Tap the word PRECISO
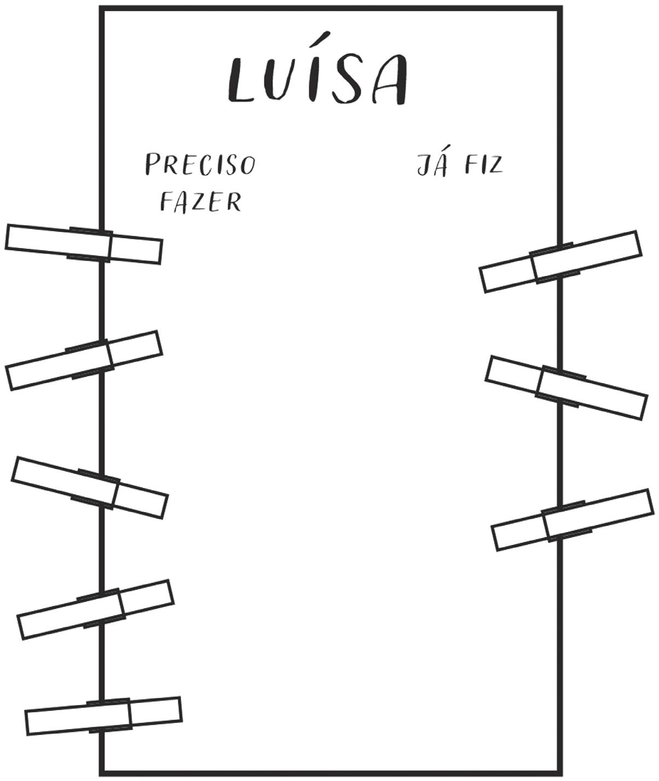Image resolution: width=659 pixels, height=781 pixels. click(200, 164)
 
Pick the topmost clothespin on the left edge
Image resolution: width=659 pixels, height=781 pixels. click(84, 244)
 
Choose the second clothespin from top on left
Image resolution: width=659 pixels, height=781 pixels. click(84, 360)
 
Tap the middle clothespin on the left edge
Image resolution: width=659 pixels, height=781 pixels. click(90, 487)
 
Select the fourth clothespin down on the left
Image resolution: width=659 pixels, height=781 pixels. click(96, 608)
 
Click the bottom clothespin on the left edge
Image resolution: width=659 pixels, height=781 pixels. click(104, 715)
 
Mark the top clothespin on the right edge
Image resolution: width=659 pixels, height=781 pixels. click(560, 261)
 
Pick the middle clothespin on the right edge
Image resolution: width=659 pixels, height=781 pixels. click(566, 387)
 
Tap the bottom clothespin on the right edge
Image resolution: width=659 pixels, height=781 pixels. click(573, 519)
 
